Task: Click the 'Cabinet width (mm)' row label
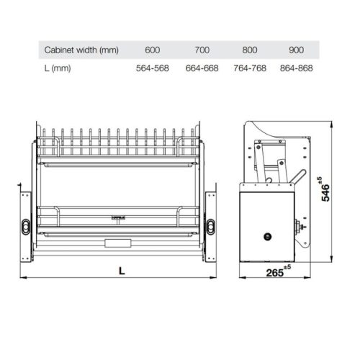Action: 81,50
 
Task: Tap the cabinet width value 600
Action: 152,50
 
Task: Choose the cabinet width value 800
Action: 250,50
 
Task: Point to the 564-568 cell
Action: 152,68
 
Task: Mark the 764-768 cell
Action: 250,68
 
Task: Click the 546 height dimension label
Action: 326,192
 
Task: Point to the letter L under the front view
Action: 121,271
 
